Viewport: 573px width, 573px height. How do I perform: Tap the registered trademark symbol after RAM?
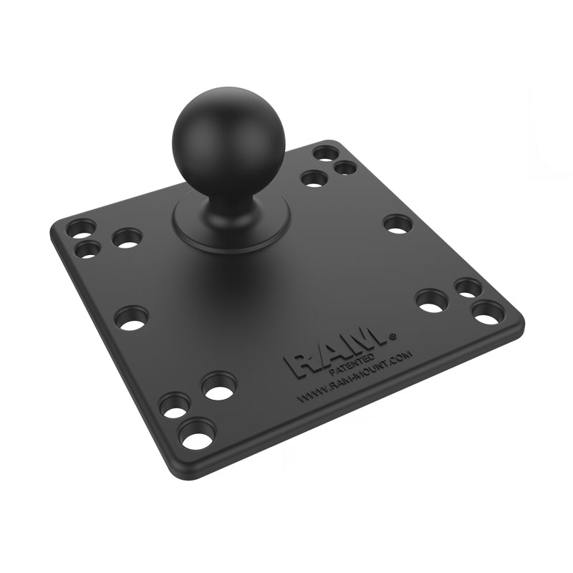click(x=392, y=334)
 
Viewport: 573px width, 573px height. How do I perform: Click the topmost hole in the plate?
click(x=326, y=153)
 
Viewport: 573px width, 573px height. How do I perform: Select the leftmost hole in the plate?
click(x=80, y=229)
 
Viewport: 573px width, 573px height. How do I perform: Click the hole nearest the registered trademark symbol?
click(x=432, y=300)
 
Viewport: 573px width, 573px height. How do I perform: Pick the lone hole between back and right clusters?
click(x=398, y=224)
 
